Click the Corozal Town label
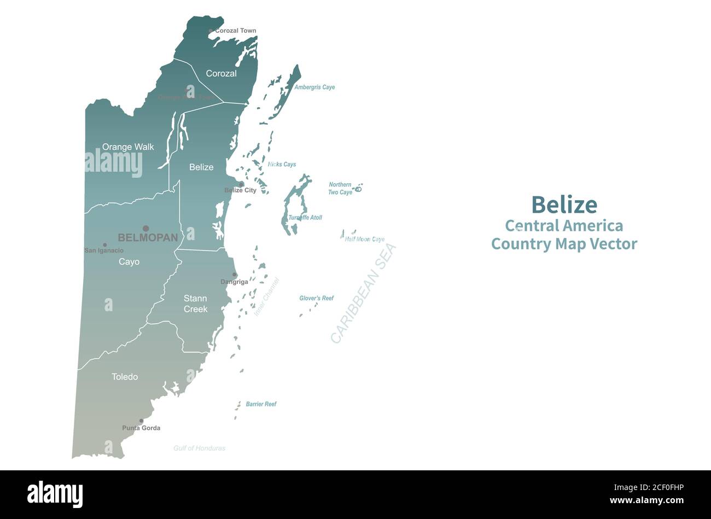pyautogui.click(x=235, y=31)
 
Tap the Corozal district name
pyautogui.click(x=221, y=73)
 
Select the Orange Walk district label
pyautogui.click(x=128, y=147)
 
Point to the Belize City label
pyautogui.click(x=240, y=190)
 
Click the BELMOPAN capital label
pyautogui.click(x=148, y=237)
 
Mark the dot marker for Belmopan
pyautogui.click(x=145, y=229)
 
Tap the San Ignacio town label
pyautogui.click(x=104, y=250)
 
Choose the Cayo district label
pyautogui.click(x=129, y=262)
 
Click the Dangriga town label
pyautogui.click(x=234, y=282)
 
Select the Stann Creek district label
pyautogui.click(x=195, y=304)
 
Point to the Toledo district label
pyautogui.click(x=125, y=377)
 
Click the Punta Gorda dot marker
pyautogui.click(x=141, y=421)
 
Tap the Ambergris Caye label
pyautogui.click(x=314, y=88)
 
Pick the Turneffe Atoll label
pyautogui.click(x=305, y=218)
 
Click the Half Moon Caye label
pyautogui.click(x=365, y=240)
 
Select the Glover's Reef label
pyautogui.click(x=316, y=299)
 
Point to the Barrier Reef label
pyautogui.click(x=261, y=404)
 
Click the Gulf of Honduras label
pyautogui.click(x=199, y=448)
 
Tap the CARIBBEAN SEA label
pyautogui.click(x=363, y=294)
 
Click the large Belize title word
pyautogui.click(x=564, y=205)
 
